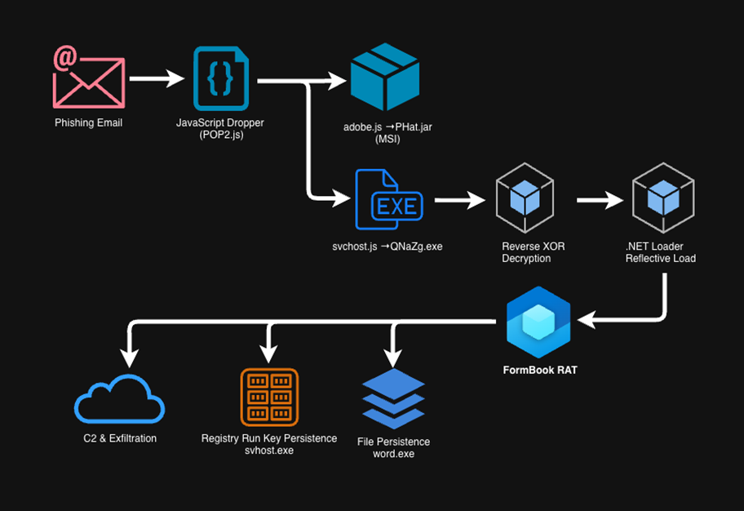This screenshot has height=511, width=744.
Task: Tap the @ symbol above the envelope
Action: (64, 58)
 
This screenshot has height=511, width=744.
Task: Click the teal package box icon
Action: (384, 78)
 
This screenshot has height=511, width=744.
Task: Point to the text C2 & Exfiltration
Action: (120, 438)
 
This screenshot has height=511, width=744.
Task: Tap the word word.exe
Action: (393, 453)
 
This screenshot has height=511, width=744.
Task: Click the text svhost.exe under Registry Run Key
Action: (269, 450)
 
